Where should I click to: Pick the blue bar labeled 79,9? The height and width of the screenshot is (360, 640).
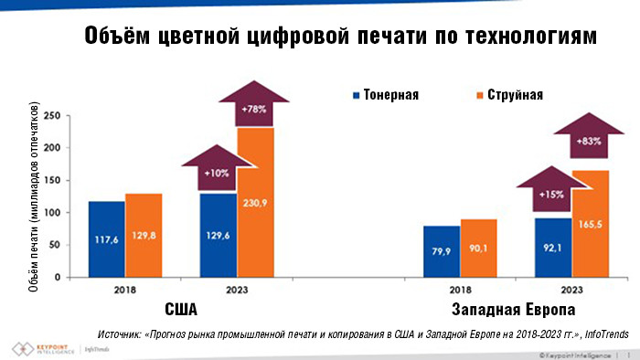click(x=442, y=251)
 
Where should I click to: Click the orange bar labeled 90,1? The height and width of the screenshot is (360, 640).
click(x=479, y=248)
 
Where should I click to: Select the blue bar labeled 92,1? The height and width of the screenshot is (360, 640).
click(x=553, y=247)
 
